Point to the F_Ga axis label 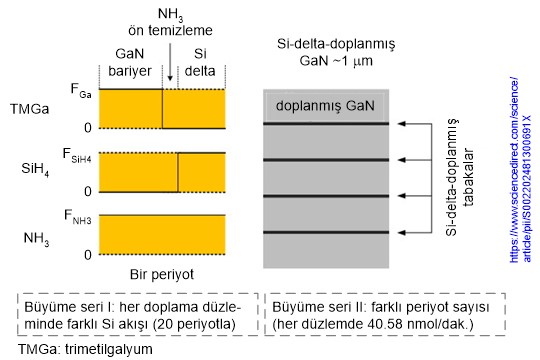(82, 90)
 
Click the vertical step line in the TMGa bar (163, 108)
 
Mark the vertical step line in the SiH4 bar (178, 171)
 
